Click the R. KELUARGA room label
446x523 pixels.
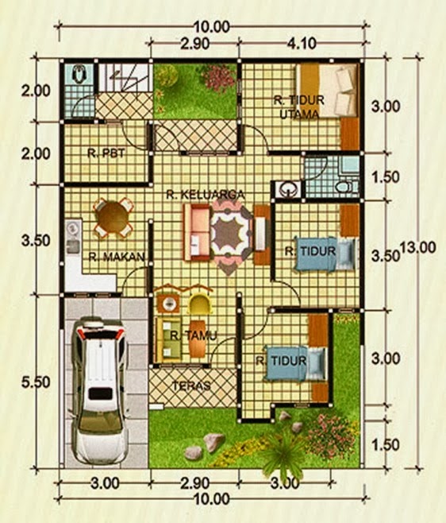206,195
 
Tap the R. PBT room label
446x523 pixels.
106,153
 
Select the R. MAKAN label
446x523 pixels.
117,257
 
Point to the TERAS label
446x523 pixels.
191,385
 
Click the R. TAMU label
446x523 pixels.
194,335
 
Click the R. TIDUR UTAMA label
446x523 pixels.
299,107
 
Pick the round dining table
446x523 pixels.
113,218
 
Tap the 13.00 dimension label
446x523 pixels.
418,248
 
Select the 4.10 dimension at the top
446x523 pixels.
302,44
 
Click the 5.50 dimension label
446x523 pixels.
36,382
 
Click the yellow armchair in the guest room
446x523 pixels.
200,303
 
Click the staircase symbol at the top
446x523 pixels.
124,77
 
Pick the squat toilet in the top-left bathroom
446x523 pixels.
79,74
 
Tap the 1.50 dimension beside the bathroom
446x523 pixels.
386,177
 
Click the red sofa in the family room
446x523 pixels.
197,232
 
